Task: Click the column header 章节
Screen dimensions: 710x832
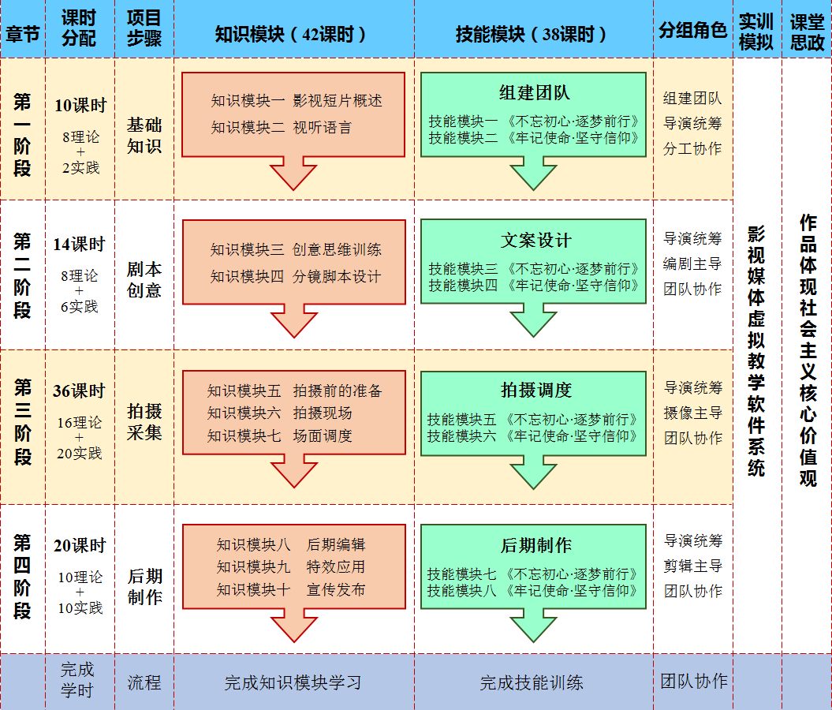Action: click(x=22, y=33)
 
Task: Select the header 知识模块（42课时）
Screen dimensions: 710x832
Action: click(x=291, y=33)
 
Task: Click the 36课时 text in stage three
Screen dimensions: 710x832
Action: click(x=79, y=391)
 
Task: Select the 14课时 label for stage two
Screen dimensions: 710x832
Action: click(x=79, y=245)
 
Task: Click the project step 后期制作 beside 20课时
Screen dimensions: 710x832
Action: click(x=144, y=587)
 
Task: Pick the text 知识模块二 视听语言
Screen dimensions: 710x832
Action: click(x=282, y=127)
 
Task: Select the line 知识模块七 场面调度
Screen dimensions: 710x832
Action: click(x=279, y=435)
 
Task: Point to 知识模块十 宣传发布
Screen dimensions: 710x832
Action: click(x=291, y=589)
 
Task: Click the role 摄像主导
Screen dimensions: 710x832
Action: click(x=693, y=413)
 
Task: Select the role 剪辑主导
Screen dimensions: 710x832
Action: click(x=693, y=566)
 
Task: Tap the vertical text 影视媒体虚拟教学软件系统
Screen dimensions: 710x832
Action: click(x=756, y=351)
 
